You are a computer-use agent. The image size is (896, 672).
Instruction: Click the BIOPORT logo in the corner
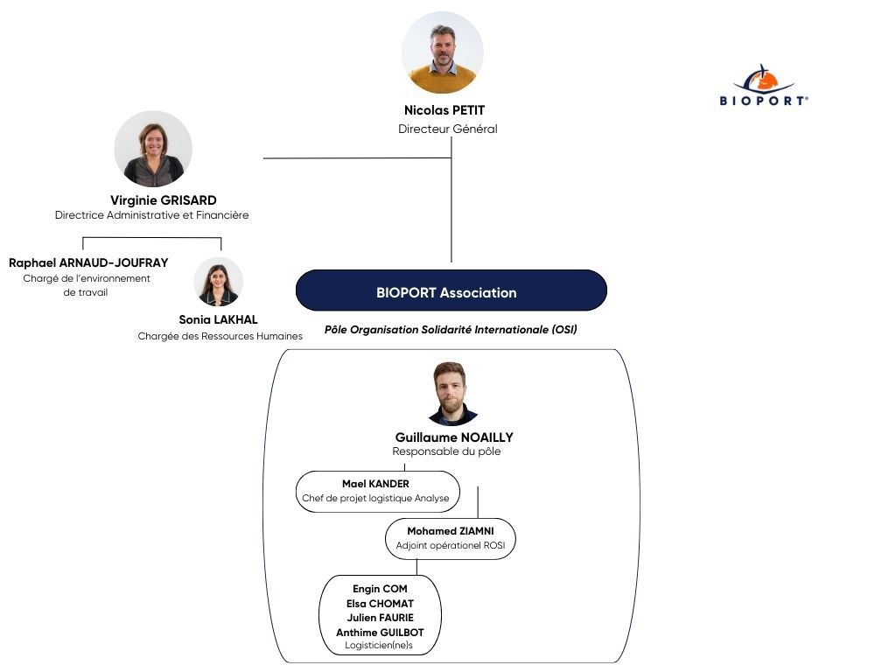(764, 85)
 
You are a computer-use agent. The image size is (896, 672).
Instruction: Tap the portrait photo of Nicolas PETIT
(442, 52)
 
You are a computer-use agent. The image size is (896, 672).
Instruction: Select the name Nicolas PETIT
(444, 110)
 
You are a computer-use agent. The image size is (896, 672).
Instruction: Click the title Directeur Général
(447, 129)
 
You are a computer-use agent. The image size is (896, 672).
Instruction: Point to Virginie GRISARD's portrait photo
(153, 149)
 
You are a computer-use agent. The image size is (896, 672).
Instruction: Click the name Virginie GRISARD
(164, 200)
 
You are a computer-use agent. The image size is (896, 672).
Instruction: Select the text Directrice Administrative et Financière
(152, 215)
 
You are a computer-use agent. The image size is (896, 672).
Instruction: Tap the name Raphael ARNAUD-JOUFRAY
(88, 262)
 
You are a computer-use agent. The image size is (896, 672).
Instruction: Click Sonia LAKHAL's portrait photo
(218, 282)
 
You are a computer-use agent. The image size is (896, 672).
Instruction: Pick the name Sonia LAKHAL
(218, 319)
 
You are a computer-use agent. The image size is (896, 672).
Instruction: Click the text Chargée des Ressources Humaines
(220, 336)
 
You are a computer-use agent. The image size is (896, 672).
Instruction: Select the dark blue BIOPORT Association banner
(451, 290)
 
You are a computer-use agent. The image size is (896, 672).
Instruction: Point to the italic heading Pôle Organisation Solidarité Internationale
(451, 330)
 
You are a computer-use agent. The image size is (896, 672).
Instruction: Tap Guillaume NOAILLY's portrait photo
(452, 394)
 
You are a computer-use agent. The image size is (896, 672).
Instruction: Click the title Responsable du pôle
(446, 451)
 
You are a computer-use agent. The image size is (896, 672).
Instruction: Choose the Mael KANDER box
(378, 492)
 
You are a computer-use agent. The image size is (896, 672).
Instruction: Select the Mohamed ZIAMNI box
(451, 538)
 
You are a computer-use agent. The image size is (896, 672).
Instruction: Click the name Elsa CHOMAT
(380, 604)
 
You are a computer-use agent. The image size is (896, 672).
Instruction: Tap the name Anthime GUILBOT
(380, 633)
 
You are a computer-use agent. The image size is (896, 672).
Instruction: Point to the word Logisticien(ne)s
(379, 646)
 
